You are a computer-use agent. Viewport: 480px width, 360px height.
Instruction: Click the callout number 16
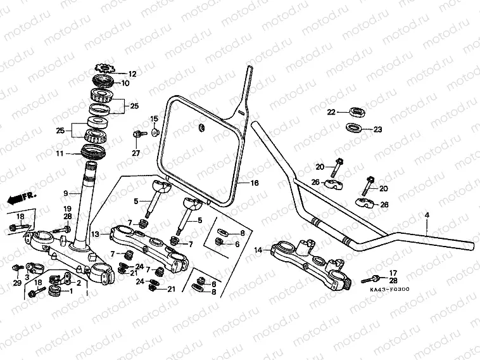coord(255,183)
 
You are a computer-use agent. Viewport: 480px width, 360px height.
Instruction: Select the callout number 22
coord(331,112)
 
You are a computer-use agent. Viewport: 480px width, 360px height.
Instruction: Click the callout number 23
coord(377,129)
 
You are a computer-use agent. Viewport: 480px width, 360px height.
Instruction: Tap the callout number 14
coord(258,251)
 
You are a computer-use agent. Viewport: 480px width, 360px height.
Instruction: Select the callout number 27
coord(135,153)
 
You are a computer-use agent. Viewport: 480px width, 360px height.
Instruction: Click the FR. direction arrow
coord(18,199)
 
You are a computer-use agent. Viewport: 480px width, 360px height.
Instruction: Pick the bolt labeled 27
coord(136,134)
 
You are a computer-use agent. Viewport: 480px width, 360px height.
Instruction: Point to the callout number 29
coord(17,283)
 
